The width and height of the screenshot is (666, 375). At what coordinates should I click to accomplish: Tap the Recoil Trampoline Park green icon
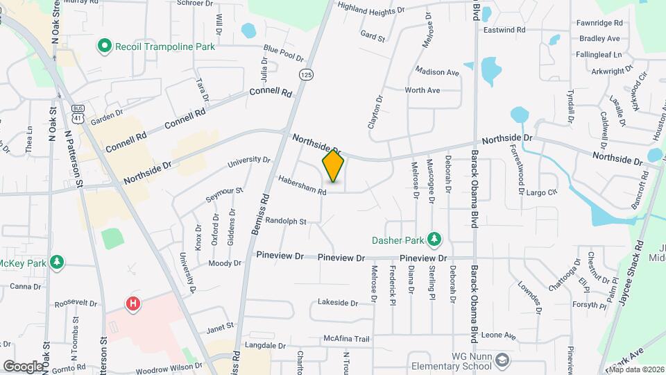tap(105, 47)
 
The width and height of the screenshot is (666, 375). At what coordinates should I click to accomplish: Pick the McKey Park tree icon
tap(57, 263)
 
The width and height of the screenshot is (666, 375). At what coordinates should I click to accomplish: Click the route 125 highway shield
tap(305, 74)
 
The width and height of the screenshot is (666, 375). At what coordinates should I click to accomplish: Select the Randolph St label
tap(287, 221)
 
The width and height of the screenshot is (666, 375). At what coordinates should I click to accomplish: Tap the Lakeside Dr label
tap(337, 303)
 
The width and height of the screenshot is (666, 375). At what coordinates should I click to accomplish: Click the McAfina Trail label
tap(347, 339)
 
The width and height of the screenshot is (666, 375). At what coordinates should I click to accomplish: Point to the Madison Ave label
tap(437, 72)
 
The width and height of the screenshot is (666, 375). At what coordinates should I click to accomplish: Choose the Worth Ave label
tap(422, 90)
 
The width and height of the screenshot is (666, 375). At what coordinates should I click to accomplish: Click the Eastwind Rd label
tap(504, 30)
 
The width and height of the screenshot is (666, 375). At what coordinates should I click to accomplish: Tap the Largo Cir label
tap(542, 192)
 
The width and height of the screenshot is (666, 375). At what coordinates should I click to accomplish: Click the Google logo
tap(24, 365)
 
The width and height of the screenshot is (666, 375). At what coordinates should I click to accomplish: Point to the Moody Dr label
tap(225, 263)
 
